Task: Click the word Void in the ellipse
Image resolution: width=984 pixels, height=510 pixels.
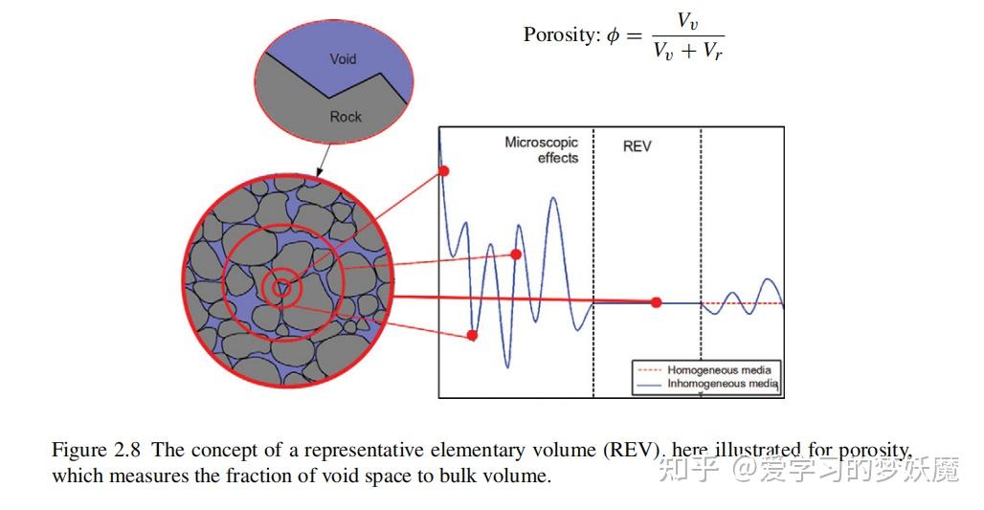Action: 343,59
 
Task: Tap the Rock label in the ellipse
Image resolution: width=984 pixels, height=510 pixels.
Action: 346,117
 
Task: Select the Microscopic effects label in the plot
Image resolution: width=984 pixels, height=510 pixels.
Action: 542,150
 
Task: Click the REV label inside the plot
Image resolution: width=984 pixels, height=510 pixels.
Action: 637,147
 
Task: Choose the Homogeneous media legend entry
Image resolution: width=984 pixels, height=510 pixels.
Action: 718,369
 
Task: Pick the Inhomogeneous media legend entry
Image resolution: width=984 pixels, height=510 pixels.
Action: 723,384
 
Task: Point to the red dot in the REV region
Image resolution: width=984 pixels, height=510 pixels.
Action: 656,302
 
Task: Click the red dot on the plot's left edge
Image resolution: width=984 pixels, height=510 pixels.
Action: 443,171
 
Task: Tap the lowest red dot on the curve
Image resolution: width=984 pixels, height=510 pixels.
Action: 472,335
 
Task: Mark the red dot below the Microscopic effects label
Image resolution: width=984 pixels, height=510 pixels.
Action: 516,255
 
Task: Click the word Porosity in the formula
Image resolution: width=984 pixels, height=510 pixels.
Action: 560,35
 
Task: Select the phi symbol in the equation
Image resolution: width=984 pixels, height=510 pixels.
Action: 614,35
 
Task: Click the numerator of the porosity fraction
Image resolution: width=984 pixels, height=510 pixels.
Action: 687,19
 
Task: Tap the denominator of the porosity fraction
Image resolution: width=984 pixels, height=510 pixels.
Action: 687,52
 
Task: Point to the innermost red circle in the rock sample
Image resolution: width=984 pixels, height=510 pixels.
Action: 281,286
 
